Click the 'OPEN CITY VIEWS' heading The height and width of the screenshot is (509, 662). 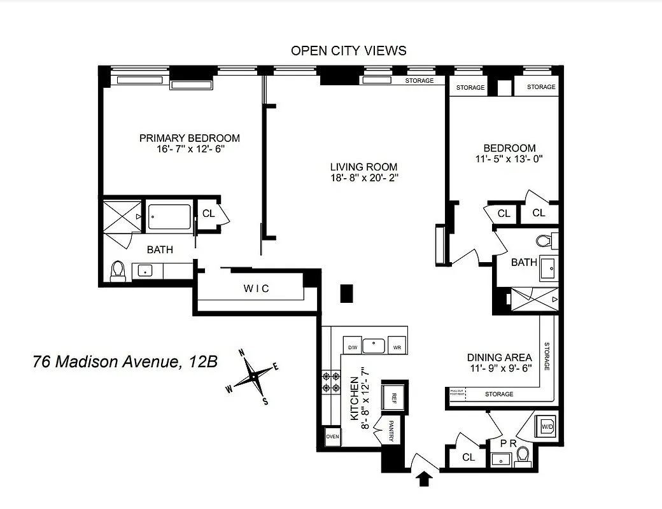click(x=348, y=50)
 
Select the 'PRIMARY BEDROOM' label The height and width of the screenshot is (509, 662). click(x=190, y=138)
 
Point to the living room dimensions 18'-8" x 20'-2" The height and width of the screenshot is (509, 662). click(x=364, y=178)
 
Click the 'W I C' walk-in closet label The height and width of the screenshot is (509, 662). click(x=257, y=288)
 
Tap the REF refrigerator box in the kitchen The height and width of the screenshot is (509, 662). click(x=394, y=399)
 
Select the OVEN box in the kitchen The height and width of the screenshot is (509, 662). click(x=332, y=437)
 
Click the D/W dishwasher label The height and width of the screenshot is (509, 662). click(x=352, y=347)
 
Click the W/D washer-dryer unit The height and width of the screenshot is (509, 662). click(x=547, y=426)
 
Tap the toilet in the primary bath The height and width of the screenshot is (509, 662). click(x=118, y=272)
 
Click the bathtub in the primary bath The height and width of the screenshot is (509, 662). click(x=169, y=216)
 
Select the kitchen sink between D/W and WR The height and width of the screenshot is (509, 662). click(x=374, y=345)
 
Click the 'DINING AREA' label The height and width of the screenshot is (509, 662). click(x=500, y=358)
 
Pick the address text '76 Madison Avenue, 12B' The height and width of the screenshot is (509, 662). click(x=125, y=362)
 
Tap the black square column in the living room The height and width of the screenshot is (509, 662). click(x=346, y=293)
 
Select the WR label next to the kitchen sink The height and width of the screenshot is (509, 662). click(x=397, y=347)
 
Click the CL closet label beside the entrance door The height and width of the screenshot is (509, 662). click(x=468, y=457)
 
